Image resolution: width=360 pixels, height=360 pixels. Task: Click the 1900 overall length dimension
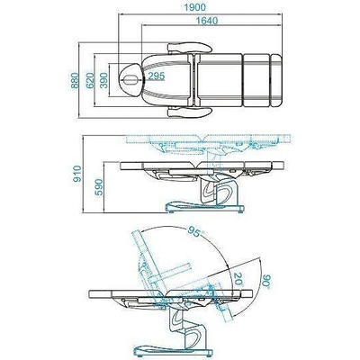[x=194, y=7]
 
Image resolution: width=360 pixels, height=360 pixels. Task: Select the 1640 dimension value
[x=207, y=21]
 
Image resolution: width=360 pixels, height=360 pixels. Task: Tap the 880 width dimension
[x=75, y=80]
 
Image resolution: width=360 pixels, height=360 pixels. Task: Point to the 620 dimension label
[x=90, y=80]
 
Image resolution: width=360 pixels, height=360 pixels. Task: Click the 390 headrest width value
[x=103, y=80]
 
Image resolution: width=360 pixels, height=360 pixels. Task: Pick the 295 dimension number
[x=157, y=76]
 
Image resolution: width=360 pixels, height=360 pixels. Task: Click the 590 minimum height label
[x=99, y=187]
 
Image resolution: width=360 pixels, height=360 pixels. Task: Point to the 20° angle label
[x=238, y=279]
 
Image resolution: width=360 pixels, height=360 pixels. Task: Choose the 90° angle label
[x=266, y=281]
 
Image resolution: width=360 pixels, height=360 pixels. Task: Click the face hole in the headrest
[x=131, y=80]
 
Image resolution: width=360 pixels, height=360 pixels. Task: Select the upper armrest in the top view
[x=190, y=48]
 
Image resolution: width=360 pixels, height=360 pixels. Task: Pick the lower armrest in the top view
[x=190, y=112]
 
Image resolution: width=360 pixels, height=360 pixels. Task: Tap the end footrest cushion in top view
[x=276, y=80]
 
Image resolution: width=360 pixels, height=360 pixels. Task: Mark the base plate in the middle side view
[x=205, y=207]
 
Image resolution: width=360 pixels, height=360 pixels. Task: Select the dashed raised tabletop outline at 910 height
[x=209, y=139]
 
